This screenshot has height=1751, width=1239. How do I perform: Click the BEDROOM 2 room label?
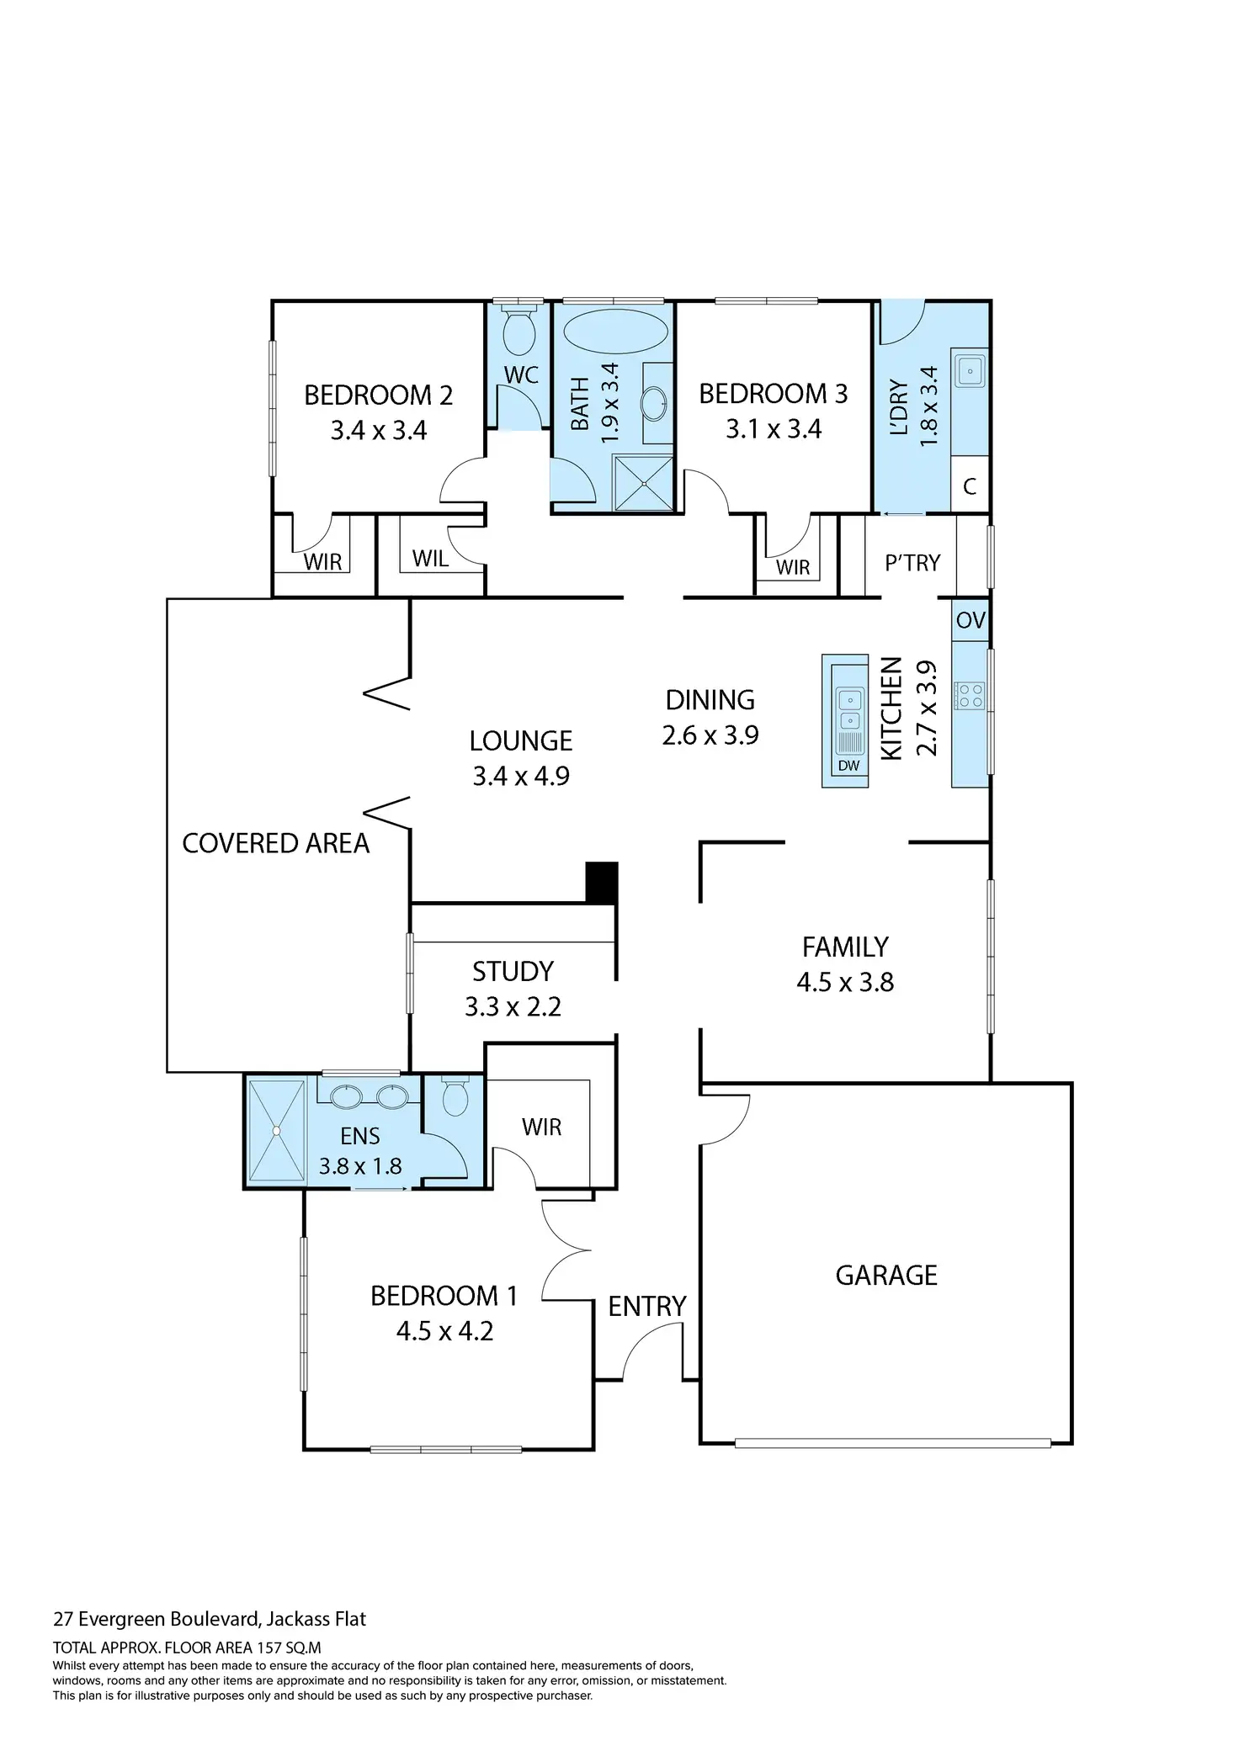pos(378,395)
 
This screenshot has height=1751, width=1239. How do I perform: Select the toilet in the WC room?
pos(518,330)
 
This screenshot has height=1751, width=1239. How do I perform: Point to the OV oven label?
pos(970,620)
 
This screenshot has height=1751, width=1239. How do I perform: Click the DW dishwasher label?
pos(848,766)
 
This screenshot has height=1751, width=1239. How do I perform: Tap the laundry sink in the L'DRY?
pos(970,370)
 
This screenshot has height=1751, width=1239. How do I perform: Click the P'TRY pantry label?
pos(912,562)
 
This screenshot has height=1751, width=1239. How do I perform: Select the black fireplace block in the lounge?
pos(602,883)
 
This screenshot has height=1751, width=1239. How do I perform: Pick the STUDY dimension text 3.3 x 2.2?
pos(513,1006)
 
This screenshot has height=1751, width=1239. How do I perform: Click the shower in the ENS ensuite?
pos(275,1130)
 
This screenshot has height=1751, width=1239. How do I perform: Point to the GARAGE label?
pos(886,1275)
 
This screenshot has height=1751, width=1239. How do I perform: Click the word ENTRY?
pos(647,1306)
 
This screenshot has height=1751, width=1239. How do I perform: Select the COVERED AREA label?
pos(275,843)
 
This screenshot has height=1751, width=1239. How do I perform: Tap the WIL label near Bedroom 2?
pos(430,558)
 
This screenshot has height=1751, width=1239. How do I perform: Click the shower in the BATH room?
pos(643,483)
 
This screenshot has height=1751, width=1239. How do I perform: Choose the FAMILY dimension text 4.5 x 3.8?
pos(845,982)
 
